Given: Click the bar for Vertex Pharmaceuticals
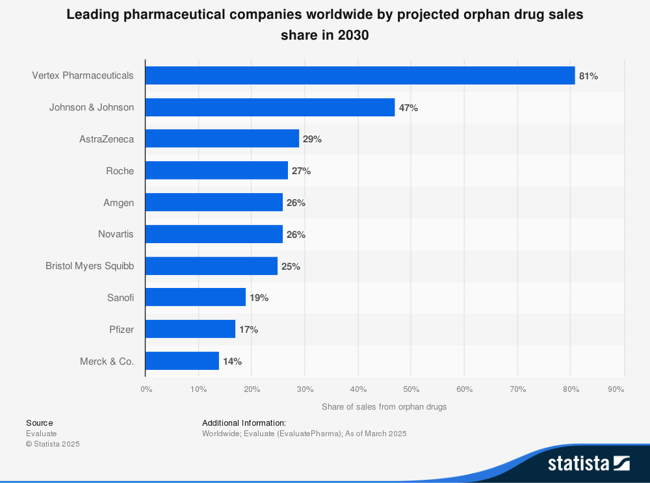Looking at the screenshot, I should coord(359,75).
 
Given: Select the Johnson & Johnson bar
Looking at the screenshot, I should coord(270,107).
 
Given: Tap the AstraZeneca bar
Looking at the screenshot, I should coord(222,138).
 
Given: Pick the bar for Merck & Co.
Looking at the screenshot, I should coord(182,361).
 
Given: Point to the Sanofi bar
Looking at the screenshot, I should coord(195,297).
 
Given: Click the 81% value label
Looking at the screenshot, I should coord(588,76).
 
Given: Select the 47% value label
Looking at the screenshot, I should coord(408,108).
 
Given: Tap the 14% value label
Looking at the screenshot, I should coord(232,361).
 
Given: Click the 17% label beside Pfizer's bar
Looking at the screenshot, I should coord(248,330).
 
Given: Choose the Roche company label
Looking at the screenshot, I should coord(120,171).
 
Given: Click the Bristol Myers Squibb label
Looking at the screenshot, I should coord(90,266).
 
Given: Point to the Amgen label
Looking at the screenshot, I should coord(118,203).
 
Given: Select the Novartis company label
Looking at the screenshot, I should coord(116,234).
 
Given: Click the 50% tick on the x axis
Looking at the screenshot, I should coord(410,389).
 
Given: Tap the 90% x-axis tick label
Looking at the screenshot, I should coord(616,389).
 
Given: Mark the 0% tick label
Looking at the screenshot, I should coord(146,389).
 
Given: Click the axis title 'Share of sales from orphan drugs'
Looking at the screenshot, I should coord(384,407).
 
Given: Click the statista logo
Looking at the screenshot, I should coord(588,463).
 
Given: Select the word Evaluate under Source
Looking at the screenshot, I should coord(42,434).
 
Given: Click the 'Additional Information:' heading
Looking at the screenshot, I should coord(244,423).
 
